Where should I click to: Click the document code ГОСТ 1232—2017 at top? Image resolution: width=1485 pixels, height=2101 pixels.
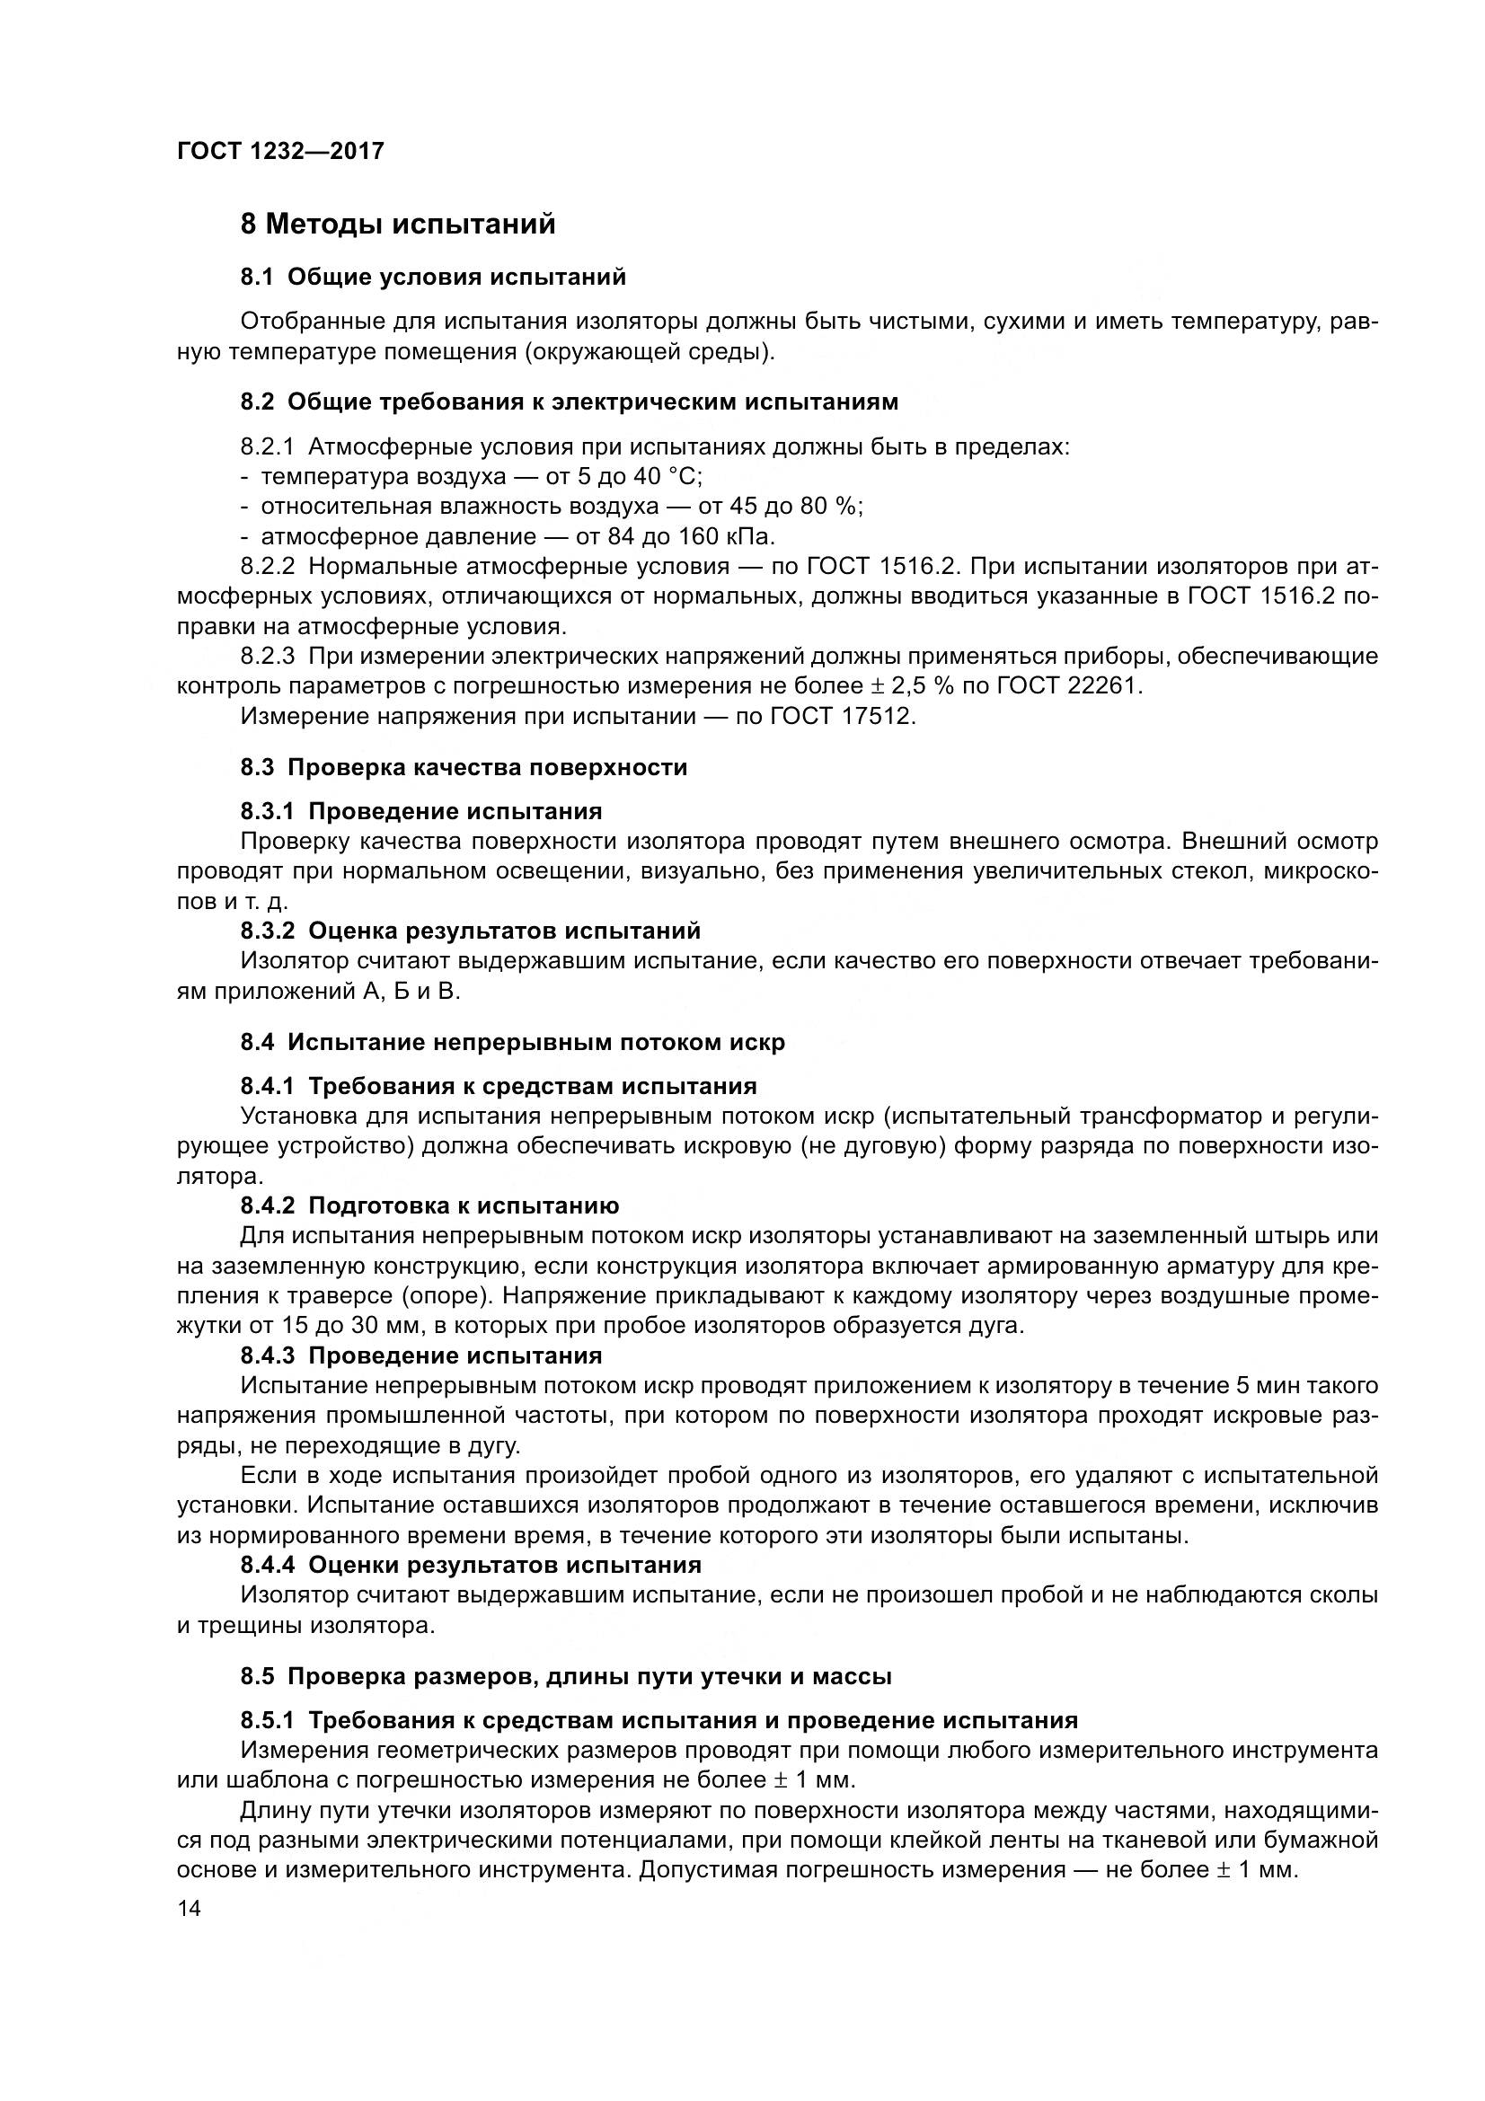point(280,151)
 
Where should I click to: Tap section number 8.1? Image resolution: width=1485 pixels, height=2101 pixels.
point(257,277)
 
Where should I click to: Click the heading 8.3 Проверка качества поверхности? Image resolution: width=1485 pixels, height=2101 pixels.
point(464,767)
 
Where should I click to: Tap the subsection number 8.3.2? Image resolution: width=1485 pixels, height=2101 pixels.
point(268,931)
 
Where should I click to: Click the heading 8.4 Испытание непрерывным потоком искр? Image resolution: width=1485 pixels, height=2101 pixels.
point(512,1042)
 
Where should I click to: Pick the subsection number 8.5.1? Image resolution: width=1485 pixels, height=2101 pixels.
point(268,1720)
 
